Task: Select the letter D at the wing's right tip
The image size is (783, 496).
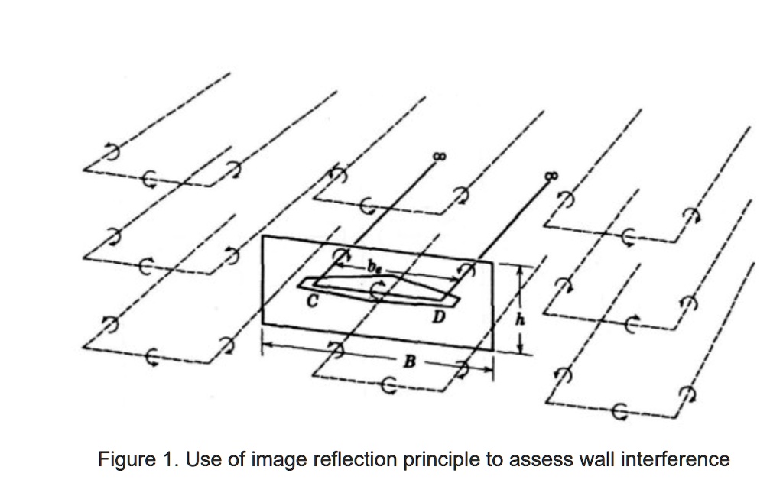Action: (438, 314)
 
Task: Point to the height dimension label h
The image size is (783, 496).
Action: (523, 319)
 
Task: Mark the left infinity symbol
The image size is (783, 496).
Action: (438, 156)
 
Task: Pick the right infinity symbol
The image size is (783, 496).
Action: (551, 176)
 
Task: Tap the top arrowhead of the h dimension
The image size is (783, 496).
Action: (521, 269)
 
